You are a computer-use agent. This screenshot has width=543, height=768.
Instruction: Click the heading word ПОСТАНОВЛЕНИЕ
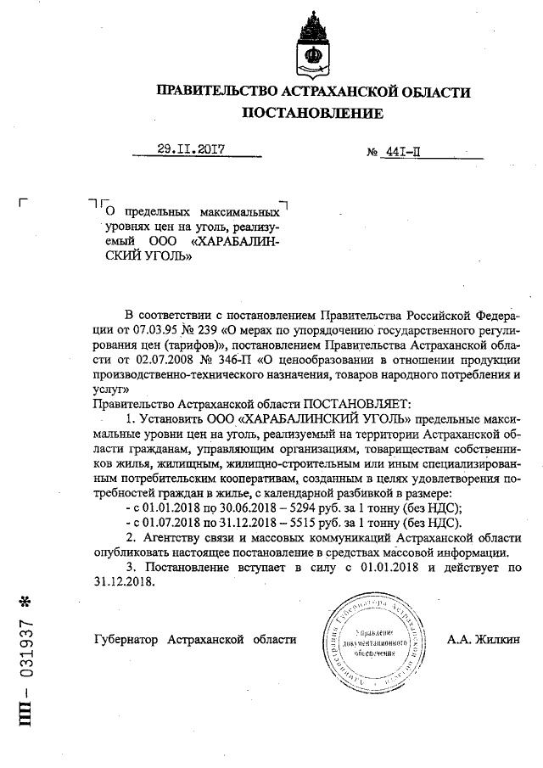(313, 113)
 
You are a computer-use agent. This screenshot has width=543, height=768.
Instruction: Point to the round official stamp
(373, 643)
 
